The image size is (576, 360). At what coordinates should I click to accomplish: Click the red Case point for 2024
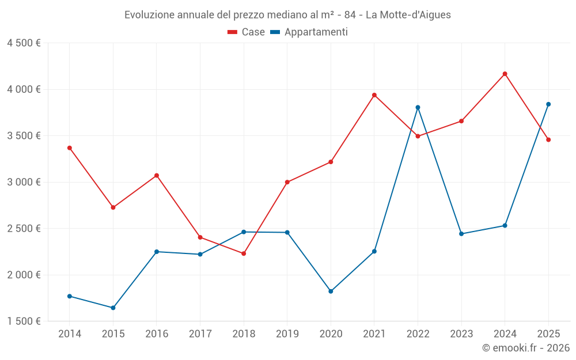pos(505,74)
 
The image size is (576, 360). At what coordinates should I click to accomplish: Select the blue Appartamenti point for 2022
pos(418,108)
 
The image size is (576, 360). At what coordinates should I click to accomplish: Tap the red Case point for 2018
pos(244,253)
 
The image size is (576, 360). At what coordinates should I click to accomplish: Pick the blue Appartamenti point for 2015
pos(113,308)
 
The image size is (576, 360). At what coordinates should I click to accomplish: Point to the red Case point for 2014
pos(70,148)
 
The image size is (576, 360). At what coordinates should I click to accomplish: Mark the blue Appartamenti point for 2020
pos(331,291)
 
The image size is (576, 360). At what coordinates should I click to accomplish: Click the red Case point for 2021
pos(374,95)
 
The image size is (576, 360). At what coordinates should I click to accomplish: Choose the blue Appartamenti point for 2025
pos(548,104)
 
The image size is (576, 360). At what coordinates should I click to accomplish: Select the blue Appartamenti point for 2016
pos(157,252)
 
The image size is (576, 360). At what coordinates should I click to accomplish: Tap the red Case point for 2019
pos(287,182)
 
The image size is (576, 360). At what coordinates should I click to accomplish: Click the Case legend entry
pos(246,32)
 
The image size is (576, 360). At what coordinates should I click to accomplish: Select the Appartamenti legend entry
pos(309,32)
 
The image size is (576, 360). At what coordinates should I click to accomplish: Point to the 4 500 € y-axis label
pos(24,43)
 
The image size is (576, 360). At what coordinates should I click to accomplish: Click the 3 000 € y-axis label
pos(24,182)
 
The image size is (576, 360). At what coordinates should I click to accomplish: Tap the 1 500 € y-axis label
pos(24,321)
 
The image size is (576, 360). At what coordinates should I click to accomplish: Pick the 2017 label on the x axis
pos(200,334)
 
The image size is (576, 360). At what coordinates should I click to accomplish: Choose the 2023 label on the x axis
pos(461,334)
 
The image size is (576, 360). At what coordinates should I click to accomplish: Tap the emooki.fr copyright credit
pos(526,348)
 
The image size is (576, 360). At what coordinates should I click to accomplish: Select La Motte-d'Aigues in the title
pos(408,15)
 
